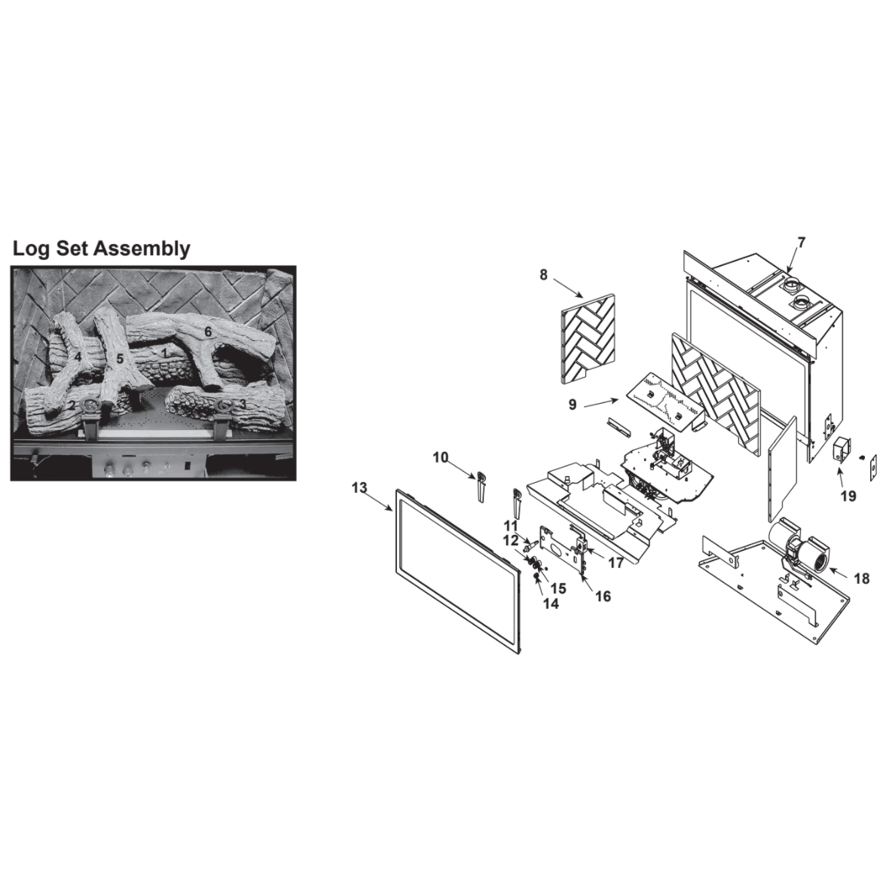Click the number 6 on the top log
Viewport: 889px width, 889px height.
208,331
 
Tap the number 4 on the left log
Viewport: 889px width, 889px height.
78,356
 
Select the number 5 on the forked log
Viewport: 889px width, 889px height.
120,359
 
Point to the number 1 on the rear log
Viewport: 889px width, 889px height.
164,352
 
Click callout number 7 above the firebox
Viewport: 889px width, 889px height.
801,243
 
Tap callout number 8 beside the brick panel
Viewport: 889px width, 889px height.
544,275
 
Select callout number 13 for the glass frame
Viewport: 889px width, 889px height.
359,487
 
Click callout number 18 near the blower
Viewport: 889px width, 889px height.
862,579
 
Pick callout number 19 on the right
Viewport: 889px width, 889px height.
848,496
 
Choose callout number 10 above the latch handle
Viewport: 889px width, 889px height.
441,457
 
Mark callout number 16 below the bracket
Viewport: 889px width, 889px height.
603,596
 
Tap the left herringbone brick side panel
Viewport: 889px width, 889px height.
588,338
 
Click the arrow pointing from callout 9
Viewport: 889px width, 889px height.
601,403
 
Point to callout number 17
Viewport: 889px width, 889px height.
616,563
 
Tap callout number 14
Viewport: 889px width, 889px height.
551,603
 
